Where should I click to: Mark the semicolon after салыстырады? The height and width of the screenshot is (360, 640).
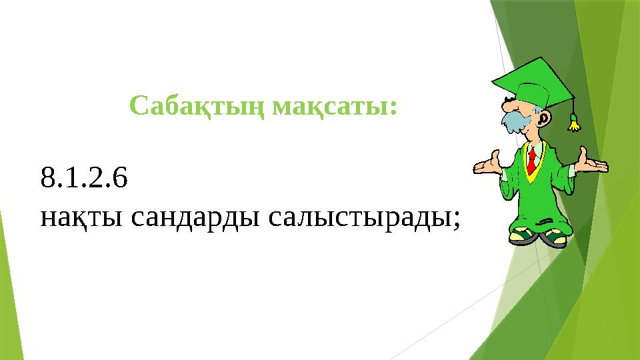[x=456, y=220]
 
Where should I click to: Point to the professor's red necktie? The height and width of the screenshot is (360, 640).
[x=531, y=160]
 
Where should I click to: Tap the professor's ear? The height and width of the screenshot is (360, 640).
[x=545, y=119]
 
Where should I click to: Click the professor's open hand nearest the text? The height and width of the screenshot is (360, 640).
[x=487, y=164]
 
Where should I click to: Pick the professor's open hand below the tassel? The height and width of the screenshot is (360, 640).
[x=590, y=163]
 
